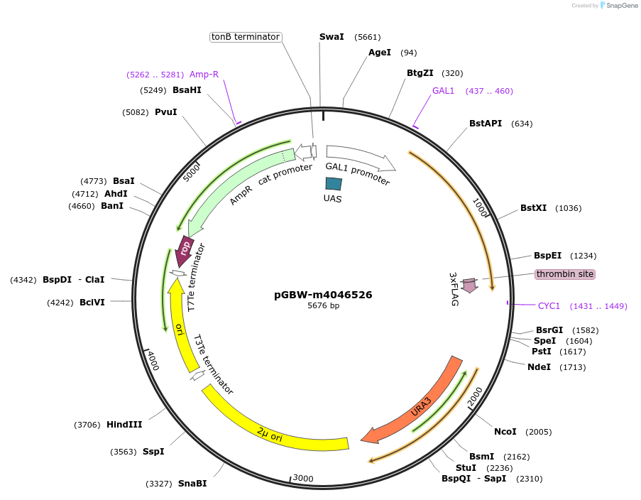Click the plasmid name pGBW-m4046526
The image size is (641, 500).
tap(323, 295)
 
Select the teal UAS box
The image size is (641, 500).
tap(334, 183)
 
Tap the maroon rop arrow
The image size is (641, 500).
tap(185, 249)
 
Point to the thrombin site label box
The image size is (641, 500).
tap(565, 274)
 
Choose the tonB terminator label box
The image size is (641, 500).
tap(246, 37)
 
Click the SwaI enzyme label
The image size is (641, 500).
tap(332, 37)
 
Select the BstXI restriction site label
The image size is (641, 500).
tap(533, 208)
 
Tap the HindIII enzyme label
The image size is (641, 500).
tap(124, 425)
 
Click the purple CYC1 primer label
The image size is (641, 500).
tap(549, 306)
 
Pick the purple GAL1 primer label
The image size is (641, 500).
tap(443, 91)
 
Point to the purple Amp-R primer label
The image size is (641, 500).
tap(204, 75)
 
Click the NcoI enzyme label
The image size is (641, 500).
tap(505, 432)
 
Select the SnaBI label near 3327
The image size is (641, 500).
tap(192, 484)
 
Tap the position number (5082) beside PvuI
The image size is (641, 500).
tap(135, 112)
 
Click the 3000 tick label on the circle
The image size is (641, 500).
tap(303, 479)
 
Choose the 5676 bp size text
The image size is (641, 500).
tap(323, 306)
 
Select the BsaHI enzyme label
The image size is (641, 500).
tap(187, 90)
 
